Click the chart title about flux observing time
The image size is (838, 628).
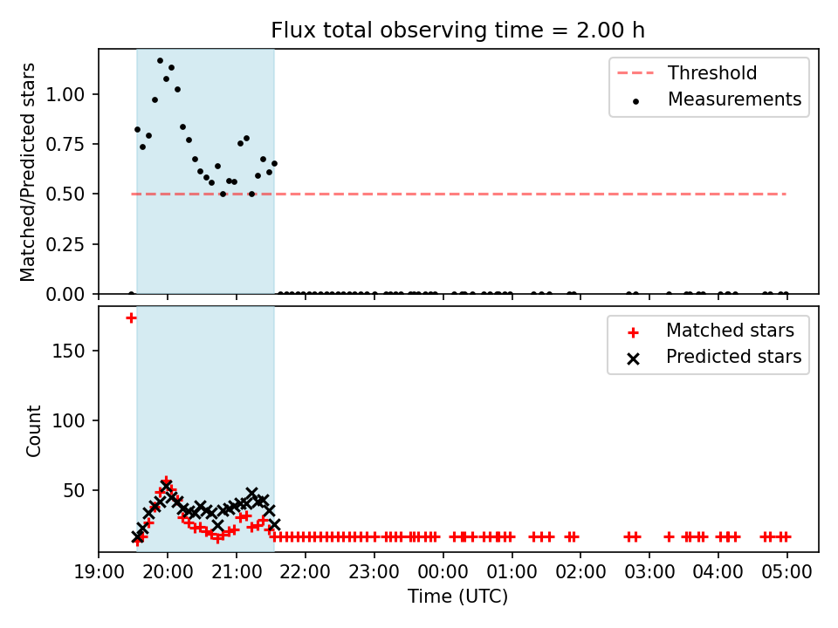click(458, 31)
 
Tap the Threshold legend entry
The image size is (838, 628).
click(687, 72)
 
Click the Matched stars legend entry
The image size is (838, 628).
click(711, 331)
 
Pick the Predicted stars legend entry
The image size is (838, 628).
click(715, 357)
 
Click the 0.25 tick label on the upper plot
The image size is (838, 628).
click(65, 244)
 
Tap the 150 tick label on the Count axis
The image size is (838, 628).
click(68, 351)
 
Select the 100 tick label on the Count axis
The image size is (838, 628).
click(68, 420)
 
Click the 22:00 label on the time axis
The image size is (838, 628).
click(306, 572)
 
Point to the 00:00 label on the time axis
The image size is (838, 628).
click(443, 572)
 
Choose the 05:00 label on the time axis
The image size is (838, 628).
click(786, 572)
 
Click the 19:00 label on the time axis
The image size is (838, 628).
click(99, 572)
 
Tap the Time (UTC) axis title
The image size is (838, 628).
click(458, 596)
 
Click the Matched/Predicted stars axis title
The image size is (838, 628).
click(27, 172)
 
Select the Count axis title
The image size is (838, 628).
click(33, 430)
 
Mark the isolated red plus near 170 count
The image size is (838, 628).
click(131, 318)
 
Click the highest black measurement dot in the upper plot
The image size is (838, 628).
click(160, 61)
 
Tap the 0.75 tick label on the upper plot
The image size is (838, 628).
click(65, 144)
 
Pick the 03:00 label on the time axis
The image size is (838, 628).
click(649, 572)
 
